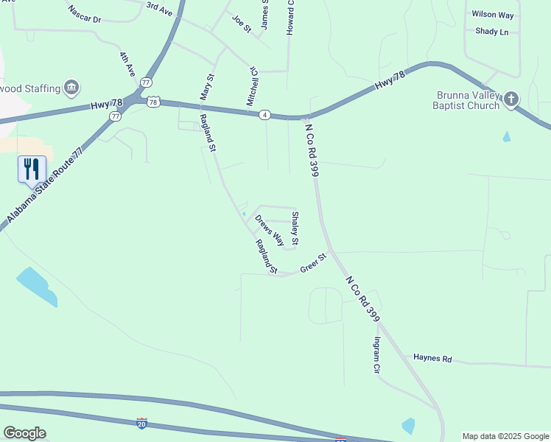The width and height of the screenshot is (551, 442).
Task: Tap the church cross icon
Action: coord(511,99)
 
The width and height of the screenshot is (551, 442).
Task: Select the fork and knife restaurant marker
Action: coord(32,169)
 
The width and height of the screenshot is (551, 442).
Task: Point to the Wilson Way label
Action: coord(493,14)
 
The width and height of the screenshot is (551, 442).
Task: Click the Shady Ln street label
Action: coord(492,32)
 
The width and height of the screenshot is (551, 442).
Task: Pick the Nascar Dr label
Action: coord(84,14)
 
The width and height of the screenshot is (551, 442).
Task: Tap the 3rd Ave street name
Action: coord(158,8)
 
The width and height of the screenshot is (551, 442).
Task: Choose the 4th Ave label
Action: coord(127,64)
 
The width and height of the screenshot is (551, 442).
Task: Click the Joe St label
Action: coord(242,24)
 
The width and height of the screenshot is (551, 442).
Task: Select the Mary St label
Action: coord(207,86)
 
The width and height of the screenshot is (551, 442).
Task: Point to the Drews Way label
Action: coord(270,230)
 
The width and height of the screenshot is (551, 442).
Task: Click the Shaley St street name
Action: coord(295,228)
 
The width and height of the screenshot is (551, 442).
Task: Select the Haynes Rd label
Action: coord(432,359)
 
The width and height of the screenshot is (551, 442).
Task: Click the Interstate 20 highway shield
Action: coord(142,424)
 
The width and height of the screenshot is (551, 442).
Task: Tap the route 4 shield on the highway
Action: coord(264,114)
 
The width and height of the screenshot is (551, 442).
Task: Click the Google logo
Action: coord(24,433)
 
